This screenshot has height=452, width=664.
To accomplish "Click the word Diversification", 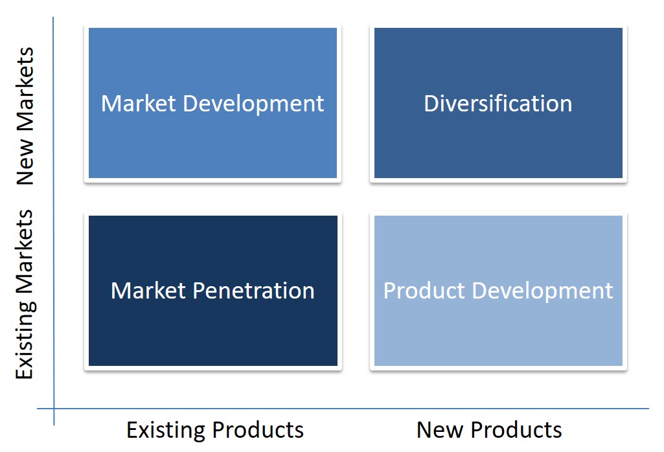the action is tap(498, 104).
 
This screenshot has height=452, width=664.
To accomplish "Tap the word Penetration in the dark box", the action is tap(254, 291).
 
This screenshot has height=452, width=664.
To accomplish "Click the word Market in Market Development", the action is tap(139, 104).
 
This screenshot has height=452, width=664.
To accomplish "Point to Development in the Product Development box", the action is tap(542, 292).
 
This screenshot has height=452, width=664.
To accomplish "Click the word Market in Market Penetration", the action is tap(148, 291).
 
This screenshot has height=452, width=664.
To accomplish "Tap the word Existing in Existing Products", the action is tap(166, 431).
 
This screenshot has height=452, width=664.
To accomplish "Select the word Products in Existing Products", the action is tap(258, 430).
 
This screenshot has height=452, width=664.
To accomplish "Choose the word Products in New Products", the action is tap(516, 430).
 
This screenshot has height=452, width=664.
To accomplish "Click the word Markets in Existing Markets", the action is tap(25, 252).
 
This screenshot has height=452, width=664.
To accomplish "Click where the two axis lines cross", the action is tap(54, 409).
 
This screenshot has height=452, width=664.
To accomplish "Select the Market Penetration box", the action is tap(213, 291).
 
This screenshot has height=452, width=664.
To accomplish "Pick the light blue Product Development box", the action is tap(498, 291).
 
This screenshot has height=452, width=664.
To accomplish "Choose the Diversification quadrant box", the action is tap(498, 103).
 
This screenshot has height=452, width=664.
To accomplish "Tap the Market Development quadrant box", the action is tap(212, 103).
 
